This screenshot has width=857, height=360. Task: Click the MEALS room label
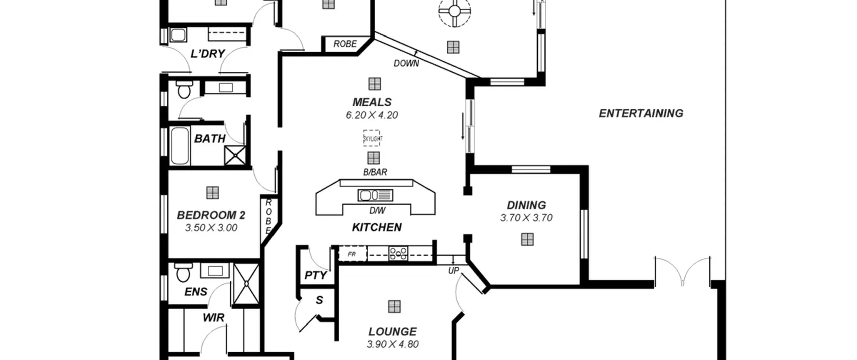coord(372,102)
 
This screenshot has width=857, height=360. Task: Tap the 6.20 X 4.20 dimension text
coord(372,115)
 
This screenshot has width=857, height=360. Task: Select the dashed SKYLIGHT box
coord(372,138)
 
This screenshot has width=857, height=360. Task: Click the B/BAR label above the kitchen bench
coord(375,172)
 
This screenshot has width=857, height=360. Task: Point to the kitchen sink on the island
coord(375,195)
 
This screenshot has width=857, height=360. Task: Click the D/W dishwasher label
coord(377,211)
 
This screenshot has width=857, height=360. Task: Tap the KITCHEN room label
coord(377,227)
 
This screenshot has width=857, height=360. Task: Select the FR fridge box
coord(353,254)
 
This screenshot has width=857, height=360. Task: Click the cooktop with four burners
coord(398,254)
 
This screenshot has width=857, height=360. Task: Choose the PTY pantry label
coord(316,275)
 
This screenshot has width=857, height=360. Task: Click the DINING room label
coord(526,205)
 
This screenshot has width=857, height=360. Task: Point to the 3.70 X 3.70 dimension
coord(526,218)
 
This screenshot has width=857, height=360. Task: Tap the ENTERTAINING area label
coord(641,113)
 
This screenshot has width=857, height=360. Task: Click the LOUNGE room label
coord(393,332)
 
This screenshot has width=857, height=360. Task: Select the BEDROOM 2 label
coord(211,215)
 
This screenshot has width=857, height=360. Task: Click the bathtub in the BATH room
coord(180,146)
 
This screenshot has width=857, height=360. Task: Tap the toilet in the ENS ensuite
coord(183,272)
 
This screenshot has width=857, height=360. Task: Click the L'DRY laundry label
coord(208,54)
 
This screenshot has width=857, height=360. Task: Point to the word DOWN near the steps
coord(406,63)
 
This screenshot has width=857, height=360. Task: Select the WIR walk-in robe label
coord(213,317)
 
